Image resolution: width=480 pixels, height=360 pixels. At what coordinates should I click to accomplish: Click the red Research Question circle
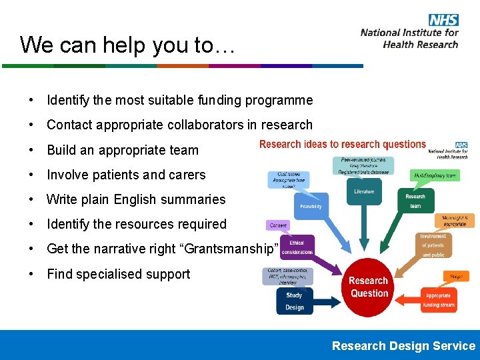point(369,287)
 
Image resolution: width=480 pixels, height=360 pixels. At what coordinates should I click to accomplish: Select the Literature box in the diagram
point(364,191)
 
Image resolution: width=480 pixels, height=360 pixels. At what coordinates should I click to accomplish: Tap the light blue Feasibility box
point(311,206)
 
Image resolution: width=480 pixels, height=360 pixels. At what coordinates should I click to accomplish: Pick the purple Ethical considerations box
point(297,247)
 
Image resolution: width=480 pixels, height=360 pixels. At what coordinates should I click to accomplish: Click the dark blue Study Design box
point(294,301)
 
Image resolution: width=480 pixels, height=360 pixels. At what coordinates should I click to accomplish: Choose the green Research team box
point(415,201)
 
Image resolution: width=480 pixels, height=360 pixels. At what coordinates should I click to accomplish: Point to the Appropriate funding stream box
point(438,300)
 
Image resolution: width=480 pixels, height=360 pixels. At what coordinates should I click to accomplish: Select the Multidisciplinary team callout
point(434,176)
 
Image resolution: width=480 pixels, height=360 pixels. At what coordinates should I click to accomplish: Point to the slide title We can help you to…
point(125,45)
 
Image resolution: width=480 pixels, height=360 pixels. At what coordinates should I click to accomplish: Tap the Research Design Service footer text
point(403,345)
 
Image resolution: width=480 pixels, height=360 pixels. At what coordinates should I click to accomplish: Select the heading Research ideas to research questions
point(342,144)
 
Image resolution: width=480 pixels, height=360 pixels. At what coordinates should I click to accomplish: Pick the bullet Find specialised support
point(118,274)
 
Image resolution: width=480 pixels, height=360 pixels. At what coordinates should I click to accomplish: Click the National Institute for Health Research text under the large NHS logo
point(409,38)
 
